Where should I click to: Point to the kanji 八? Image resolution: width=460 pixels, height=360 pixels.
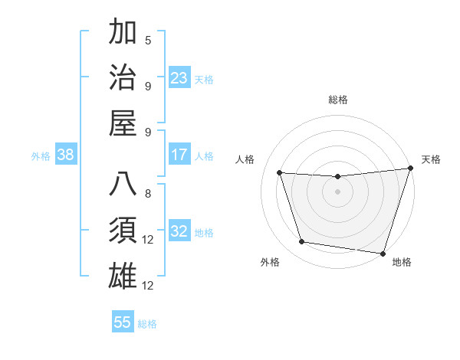[x=124, y=185]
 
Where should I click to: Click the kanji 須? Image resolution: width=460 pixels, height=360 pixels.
[x=124, y=229]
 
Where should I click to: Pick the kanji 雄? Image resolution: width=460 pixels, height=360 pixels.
[x=124, y=273]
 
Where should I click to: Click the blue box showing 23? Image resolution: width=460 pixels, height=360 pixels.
[x=179, y=78]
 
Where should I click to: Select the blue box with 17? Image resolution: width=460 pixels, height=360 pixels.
[x=179, y=155]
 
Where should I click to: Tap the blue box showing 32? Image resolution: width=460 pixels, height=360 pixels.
[x=179, y=231]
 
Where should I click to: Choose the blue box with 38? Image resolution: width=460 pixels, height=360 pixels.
[x=66, y=155]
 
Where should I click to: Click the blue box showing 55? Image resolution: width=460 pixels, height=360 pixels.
[x=123, y=322]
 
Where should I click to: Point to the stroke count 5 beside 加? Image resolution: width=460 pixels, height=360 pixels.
[x=148, y=40]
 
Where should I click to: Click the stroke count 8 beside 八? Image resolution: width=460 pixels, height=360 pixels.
[x=148, y=194]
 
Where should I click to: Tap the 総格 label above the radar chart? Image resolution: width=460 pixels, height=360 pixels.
[x=337, y=100]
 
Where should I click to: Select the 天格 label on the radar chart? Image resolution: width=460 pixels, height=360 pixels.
[x=432, y=159]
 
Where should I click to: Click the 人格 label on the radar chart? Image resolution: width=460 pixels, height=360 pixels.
[x=245, y=159]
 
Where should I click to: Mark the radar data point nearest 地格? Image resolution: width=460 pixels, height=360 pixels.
[x=383, y=253]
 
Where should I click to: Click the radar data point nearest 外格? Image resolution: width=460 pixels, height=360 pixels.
[x=302, y=242]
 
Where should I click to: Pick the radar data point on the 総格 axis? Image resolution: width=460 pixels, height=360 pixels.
[x=337, y=177]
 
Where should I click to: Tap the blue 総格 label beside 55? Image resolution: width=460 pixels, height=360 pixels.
[x=147, y=323]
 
